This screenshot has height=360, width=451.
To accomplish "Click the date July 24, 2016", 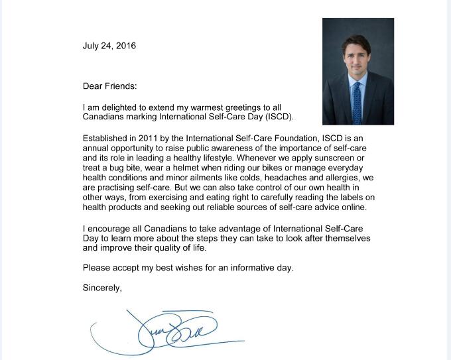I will (109, 46).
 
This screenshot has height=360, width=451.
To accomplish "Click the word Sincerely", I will (102, 288).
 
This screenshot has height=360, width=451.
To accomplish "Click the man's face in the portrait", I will (357, 56).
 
